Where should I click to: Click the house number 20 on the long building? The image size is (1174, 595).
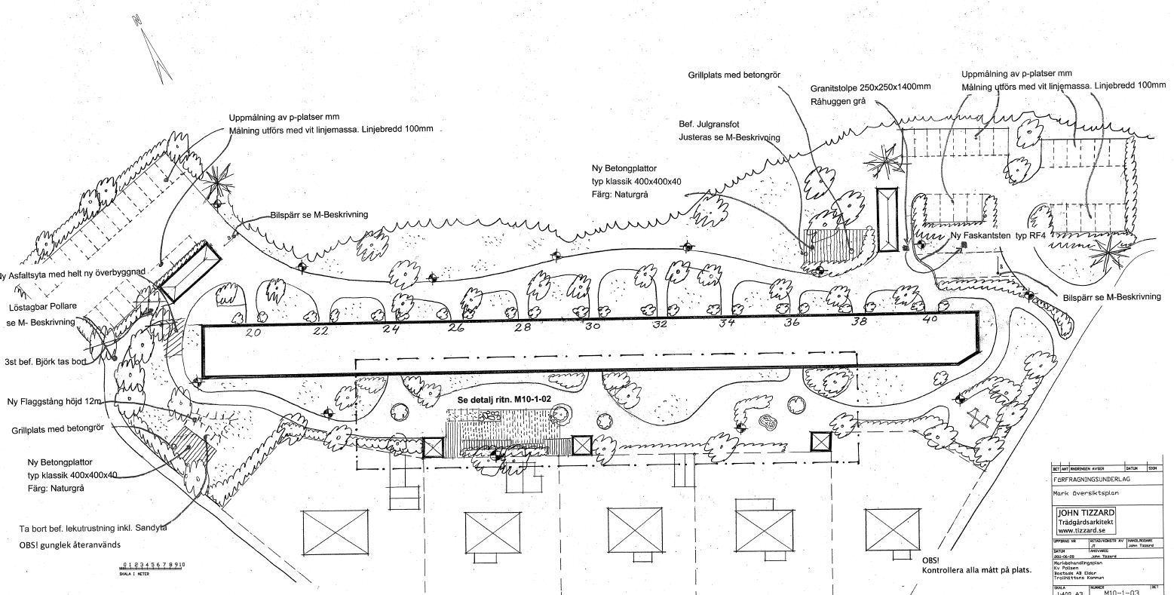pos(253,332)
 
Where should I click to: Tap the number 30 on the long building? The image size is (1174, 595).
pos(592,327)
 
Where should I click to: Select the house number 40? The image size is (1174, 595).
pos(930,320)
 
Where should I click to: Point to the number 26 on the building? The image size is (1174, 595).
pos(455,328)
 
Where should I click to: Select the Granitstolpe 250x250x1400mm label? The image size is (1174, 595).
pos(870,87)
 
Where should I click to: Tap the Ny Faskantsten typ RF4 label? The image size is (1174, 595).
pos(998,235)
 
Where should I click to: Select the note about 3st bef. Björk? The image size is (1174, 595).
pos(45,361)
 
